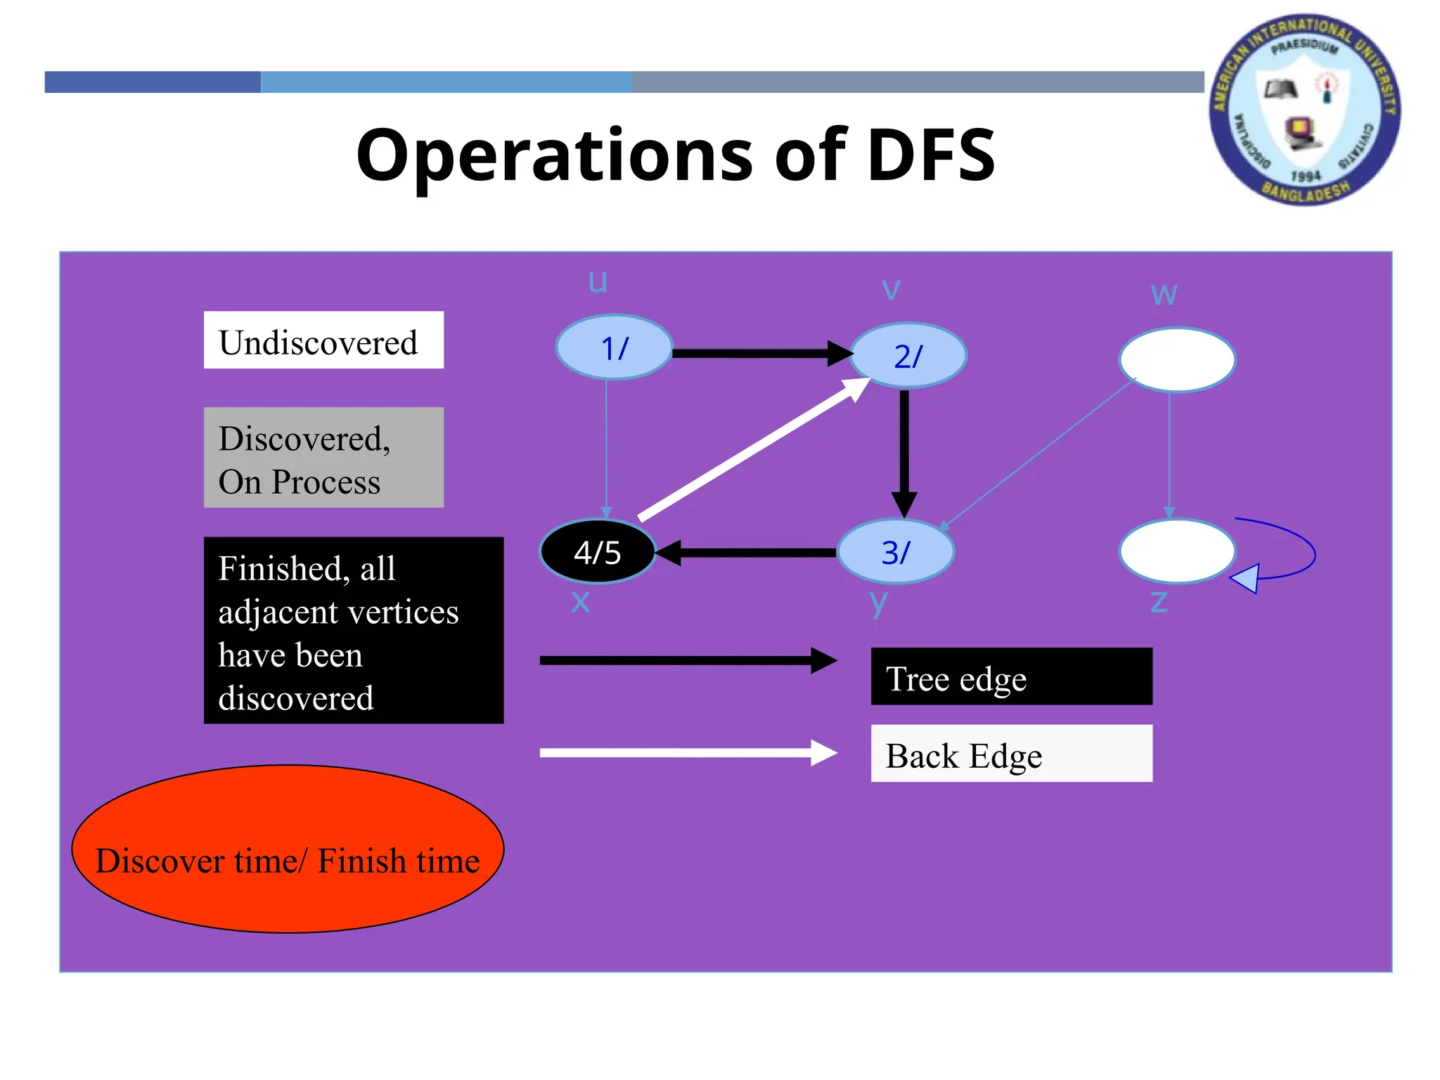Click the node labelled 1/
click(614, 347)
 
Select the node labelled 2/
click(908, 356)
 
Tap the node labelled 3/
click(896, 552)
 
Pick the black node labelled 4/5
click(598, 552)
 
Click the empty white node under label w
click(1176, 359)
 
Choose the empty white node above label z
click(1176, 551)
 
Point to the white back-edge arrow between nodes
click(752, 449)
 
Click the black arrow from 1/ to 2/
click(759, 353)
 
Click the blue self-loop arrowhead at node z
click(1245, 579)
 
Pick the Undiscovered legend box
click(323, 340)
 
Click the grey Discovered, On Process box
click(323, 458)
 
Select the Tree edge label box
click(1011, 676)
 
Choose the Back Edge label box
click(1011, 753)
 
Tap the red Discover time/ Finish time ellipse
click(288, 849)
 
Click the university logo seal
click(1304, 110)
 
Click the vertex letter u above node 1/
click(598, 282)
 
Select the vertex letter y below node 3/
click(878, 603)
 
